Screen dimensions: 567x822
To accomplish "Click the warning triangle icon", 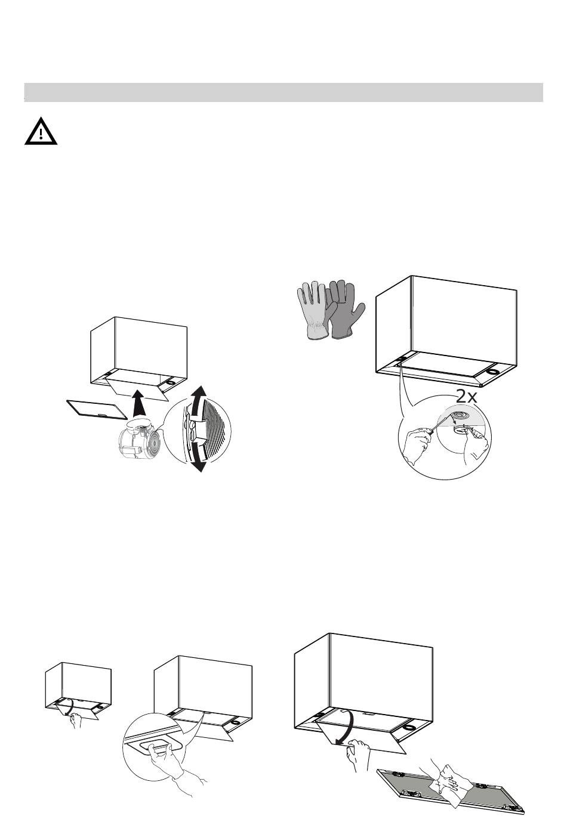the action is click(x=41, y=131).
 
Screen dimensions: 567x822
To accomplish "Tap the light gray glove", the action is click(x=313, y=311).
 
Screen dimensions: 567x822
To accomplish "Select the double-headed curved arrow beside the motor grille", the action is click(x=199, y=429).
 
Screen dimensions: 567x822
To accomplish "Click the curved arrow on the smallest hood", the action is click(x=69, y=709).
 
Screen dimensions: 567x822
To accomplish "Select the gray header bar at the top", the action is click(x=283, y=92).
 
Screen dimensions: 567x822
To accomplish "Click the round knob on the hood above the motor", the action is click(x=170, y=382).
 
